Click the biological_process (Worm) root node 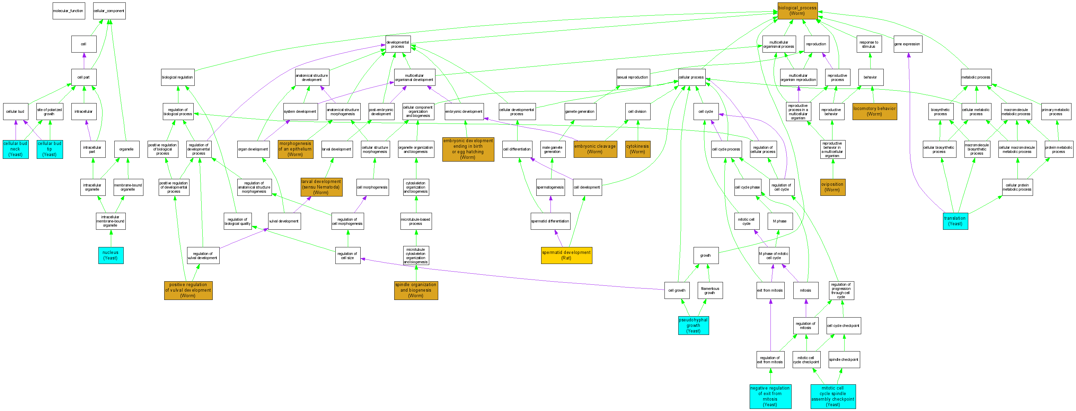pyautogui.click(x=797, y=11)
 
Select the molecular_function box pyautogui.click(x=68, y=11)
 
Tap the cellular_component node pyautogui.click(x=109, y=11)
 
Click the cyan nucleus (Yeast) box pyautogui.click(x=111, y=255)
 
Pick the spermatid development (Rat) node pyautogui.click(x=566, y=255)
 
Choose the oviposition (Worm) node pyautogui.click(x=832, y=187)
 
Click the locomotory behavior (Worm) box pyautogui.click(x=874, y=111)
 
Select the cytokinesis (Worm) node pyautogui.click(x=637, y=149)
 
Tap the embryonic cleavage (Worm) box pyautogui.click(x=595, y=149)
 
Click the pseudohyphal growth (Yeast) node pyautogui.click(x=694, y=326)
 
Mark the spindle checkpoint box pyautogui.click(x=844, y=360)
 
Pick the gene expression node pyautogui.click(x=907, y=44)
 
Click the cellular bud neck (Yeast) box pyautogui.click(x=16, y=149)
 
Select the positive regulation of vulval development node pyautogui.click(x=188, y=290)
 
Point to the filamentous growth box pyautogui.click(x=710, y=290)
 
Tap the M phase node pyautogui.click(x=779, y=221)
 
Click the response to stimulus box pyautogui.click(x=869, y=44)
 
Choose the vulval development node pyautogui.click(x=284, y=221)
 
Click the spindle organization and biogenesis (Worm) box pyautogui.click(x=416, y=290)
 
